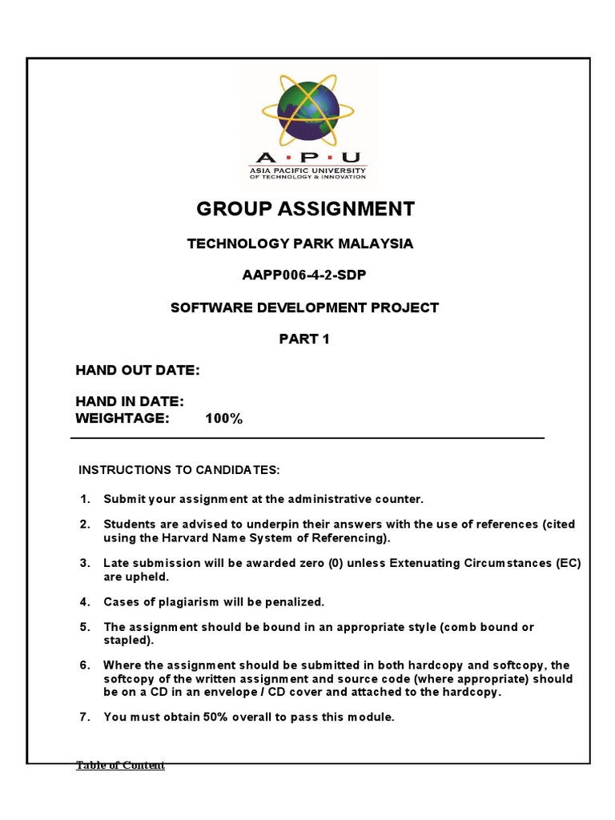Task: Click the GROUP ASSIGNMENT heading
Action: (305, 210)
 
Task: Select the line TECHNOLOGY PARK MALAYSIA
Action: (300, 243)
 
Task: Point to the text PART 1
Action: (304, 339)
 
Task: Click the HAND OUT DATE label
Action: (137, 370)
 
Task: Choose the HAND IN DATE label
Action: (130, 402)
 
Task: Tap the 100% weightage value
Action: (223, 419)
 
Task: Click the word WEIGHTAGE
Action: (123, 419)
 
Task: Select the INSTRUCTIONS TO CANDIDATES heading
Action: (179, 468)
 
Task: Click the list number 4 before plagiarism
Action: (84, 601)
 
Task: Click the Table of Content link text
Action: (120, 766)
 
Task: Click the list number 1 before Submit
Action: (84, 499)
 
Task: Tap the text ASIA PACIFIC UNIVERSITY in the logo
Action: (305, 171)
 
